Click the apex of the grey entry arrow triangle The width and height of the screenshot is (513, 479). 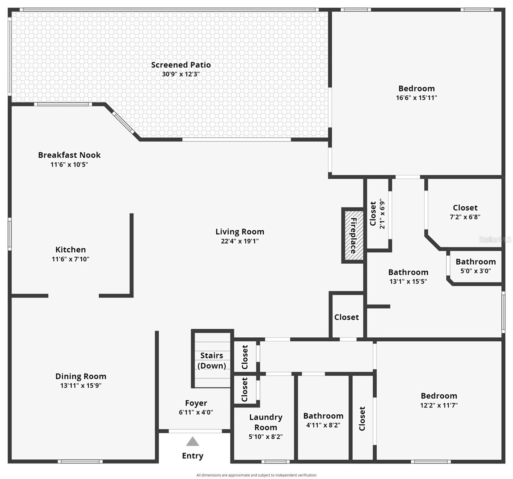pyautogui.click(x=193, y=437)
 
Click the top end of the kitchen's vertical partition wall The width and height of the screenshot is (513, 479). pyautogui.click(x=131, y=214)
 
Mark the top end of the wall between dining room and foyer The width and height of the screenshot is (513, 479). pyautogui.click(x=157, y=331)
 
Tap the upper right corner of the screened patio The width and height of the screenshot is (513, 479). pyautogui.click(x=328, y=12)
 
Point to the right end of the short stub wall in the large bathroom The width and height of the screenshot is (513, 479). pyautogui.click(x=390, y=307)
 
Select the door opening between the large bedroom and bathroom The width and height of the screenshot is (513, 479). pyautogui.click(x=408, y=177)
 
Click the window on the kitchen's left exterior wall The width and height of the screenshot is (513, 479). pyautogui.click(x=10, y=234)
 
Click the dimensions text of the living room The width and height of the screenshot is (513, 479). pyautogui.click(x=240, y=241)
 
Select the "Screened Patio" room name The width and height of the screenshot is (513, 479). pyautogui.click(x=181, y=65)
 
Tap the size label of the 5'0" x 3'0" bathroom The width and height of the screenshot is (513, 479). pyautogui.click(x=475, y=271)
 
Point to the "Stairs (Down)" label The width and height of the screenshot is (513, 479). pyautogui.click(x=212, y=360)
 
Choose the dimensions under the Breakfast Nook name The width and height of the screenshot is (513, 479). pyautogui.click(x=69, y=164)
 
